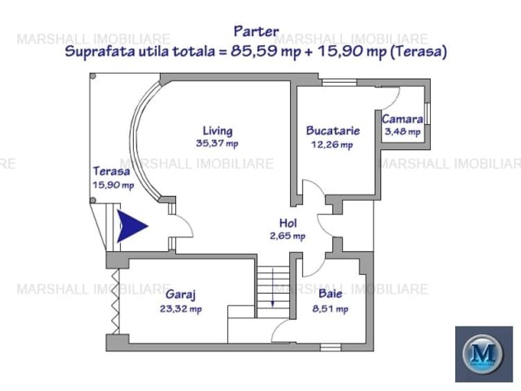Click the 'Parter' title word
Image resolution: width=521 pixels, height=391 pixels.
click(256, 32)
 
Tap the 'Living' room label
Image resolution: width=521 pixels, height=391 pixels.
click(218, 131)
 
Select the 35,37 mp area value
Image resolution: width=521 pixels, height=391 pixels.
click(217, 144)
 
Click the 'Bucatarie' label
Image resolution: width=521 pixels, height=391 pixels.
click(333, 131)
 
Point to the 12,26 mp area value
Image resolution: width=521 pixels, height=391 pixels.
click(332, 144)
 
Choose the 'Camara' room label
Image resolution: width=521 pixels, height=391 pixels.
click(402, 119)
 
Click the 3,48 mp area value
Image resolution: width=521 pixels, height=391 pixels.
click(402, 131)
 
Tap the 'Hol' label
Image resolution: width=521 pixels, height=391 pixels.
click(288, 223)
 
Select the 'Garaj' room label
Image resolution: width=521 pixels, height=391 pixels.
click(180, 294)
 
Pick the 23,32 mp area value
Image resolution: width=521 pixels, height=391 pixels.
click(181, 309)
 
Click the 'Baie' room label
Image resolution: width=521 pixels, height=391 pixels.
click(330, 294)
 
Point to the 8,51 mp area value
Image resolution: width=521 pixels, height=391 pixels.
click(330, 309)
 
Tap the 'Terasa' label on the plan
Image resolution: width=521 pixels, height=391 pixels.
click(111, 171)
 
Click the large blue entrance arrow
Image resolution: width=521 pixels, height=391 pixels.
click(132, 226)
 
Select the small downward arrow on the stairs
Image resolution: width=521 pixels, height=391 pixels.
click(273, 288)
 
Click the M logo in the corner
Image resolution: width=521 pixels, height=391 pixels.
click(484, 353)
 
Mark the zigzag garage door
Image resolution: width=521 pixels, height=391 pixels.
click(115, 301)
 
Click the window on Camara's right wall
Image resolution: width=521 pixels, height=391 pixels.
click(427, 114)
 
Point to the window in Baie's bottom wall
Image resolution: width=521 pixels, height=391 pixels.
click(331, 347)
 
